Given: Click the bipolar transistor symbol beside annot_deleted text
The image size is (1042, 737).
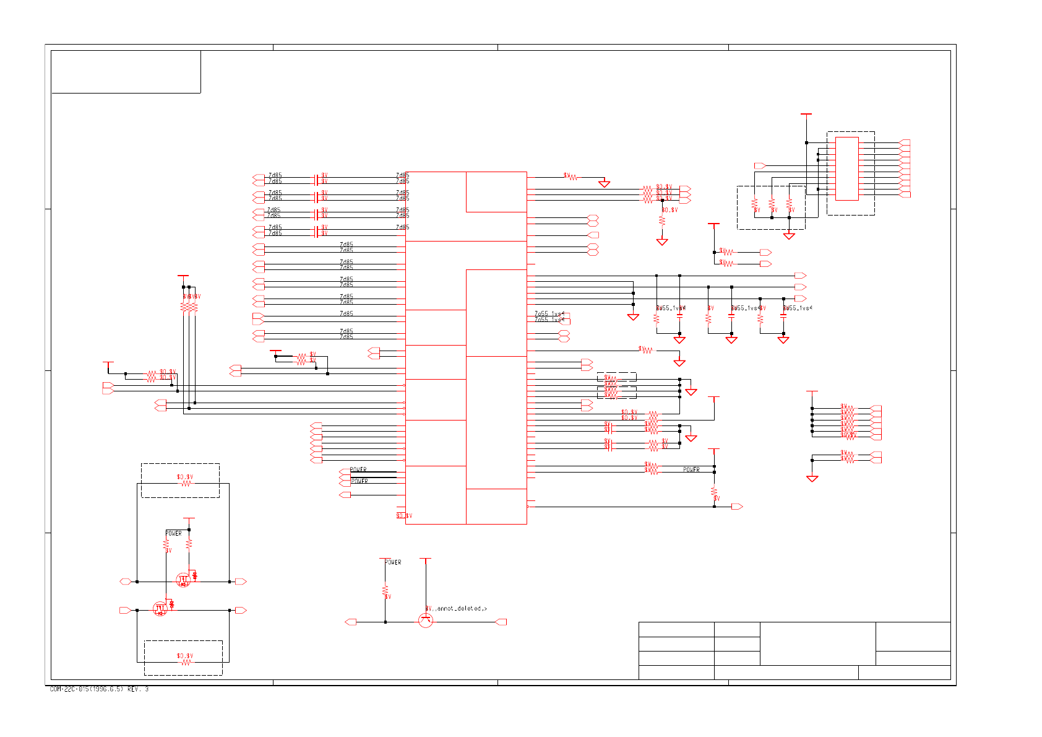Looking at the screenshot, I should [x=426, y=620].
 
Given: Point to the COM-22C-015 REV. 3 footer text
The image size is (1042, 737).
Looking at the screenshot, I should [x=99, y=689].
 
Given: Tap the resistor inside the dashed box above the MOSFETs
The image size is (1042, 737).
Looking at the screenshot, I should [x=186, y=484].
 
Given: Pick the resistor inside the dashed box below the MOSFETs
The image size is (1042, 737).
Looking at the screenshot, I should [x=185, y=662].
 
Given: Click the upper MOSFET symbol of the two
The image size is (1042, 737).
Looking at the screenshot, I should [x=183, y=580].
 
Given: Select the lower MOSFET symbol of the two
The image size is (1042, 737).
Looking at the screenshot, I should [x=160, y=609].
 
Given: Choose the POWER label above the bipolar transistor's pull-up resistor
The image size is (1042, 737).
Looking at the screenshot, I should [x=393, y=562].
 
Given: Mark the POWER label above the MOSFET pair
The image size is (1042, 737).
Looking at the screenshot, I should [x=173, y=533].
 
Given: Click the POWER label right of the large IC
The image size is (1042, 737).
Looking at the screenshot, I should [x=691, y=470].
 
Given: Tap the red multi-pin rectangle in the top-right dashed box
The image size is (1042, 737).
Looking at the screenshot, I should [x=846, y=168].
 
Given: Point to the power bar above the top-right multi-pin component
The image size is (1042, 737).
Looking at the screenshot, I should [x=806, y=115].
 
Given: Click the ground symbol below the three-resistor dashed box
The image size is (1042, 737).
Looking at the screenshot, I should [x=789, y=236].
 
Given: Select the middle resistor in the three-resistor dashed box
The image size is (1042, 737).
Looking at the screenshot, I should [x=772, y=204].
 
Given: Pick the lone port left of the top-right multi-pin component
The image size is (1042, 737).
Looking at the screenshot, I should [x=760, y=166].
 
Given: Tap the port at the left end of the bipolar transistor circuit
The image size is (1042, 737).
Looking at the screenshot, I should [x=350, y=622].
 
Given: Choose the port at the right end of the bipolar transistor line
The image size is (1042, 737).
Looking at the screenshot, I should [x=501, y=622].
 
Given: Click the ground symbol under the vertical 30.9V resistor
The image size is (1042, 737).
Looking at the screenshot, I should [x=662, y=242].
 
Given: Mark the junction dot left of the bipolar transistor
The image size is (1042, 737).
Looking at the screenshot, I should [x=385, y=622].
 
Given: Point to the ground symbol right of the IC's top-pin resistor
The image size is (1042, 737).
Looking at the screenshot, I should [x=604, y=184].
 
